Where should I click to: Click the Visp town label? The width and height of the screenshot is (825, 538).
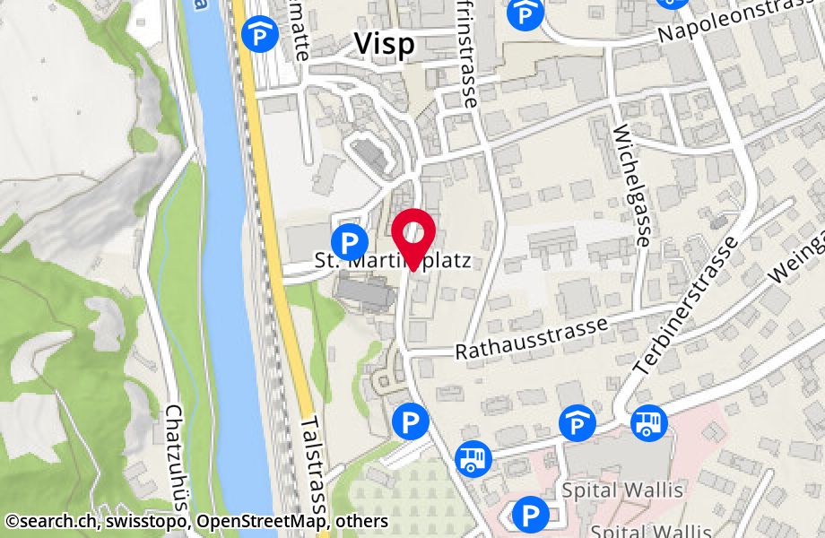click(385, 44)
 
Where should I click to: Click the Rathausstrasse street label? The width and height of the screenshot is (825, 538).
click(531, 337)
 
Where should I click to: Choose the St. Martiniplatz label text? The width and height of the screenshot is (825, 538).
click(393, 261)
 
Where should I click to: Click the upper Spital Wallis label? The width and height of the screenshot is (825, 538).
click(622, 490)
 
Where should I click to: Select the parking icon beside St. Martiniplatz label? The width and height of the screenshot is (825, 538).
click(349, 241)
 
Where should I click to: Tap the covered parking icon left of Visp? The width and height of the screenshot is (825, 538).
click(260, 35)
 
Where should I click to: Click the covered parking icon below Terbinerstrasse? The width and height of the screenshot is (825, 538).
click(577, 422)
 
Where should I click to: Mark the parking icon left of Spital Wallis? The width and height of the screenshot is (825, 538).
click(529, 515)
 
